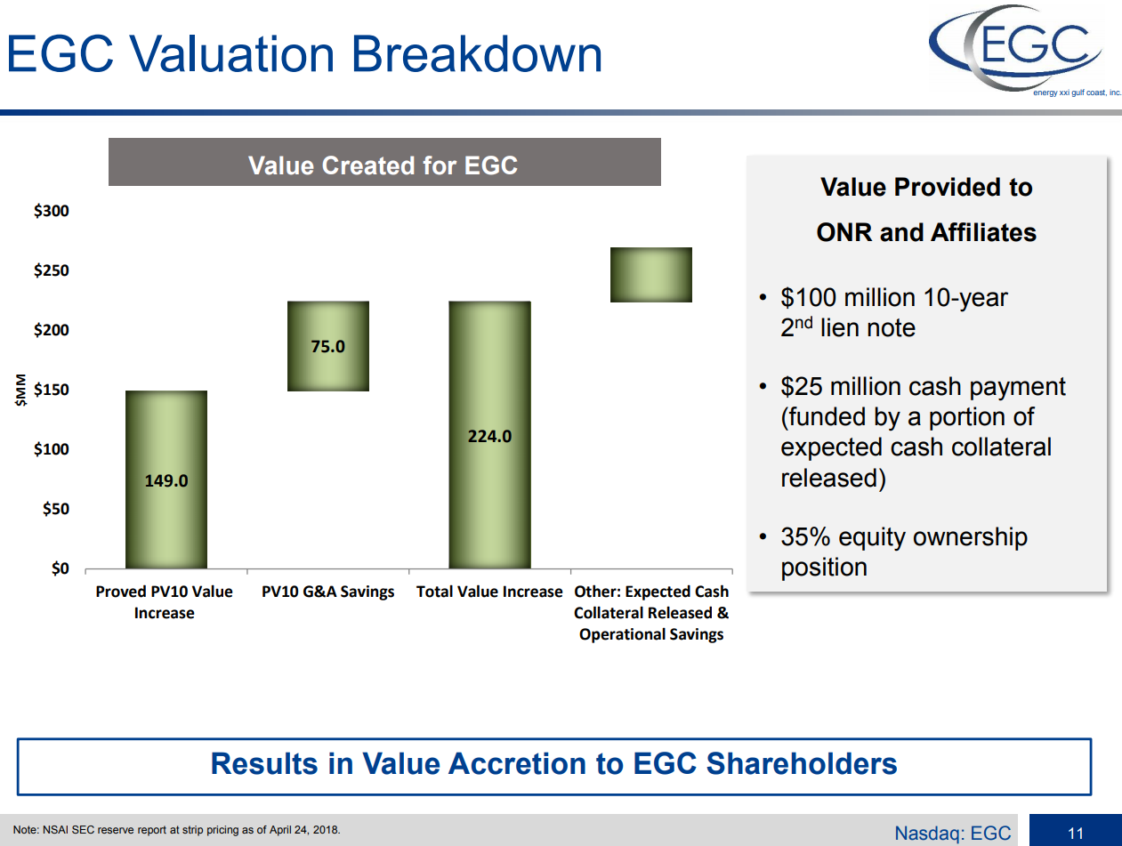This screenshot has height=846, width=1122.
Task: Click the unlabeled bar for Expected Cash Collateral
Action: tap(651, 275)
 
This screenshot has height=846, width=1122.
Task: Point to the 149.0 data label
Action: tap(166, 481)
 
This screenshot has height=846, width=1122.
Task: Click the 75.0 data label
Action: tap(327, 347)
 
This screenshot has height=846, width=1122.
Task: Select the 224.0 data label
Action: tap(489, 437)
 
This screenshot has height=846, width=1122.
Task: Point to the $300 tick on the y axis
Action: tap(52, 212)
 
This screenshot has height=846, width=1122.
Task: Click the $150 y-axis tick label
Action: tap(52, 390)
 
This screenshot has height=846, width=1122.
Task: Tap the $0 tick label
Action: tap(60, 568)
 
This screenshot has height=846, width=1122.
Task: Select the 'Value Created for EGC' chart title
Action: tap(383, 165)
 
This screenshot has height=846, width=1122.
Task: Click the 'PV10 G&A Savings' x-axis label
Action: tap(327, 592)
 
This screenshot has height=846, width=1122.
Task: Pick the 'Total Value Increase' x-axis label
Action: tap(489, 592)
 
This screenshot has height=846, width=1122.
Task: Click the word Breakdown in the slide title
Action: tap(476, 55)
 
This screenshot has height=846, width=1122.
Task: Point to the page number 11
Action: tap(1076, 834)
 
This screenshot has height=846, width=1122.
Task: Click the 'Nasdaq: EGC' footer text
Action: tap(953, 834)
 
